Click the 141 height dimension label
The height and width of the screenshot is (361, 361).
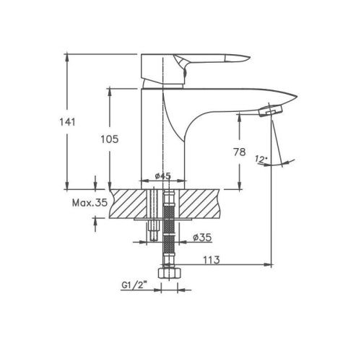[x=67, y=122]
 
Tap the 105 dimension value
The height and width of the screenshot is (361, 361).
[x=110, y=139]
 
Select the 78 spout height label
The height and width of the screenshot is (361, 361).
[x=240, y=152]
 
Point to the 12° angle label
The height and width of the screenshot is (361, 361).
[x=261, y=159]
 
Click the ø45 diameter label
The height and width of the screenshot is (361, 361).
[x=163, y=176]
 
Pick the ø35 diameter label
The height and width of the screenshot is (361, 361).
[x=202, y=238]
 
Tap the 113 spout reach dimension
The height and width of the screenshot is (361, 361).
[x=212, y=260]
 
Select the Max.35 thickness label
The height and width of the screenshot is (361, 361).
[x=90, y=203]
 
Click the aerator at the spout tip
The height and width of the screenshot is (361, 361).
[x=271, y=110]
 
